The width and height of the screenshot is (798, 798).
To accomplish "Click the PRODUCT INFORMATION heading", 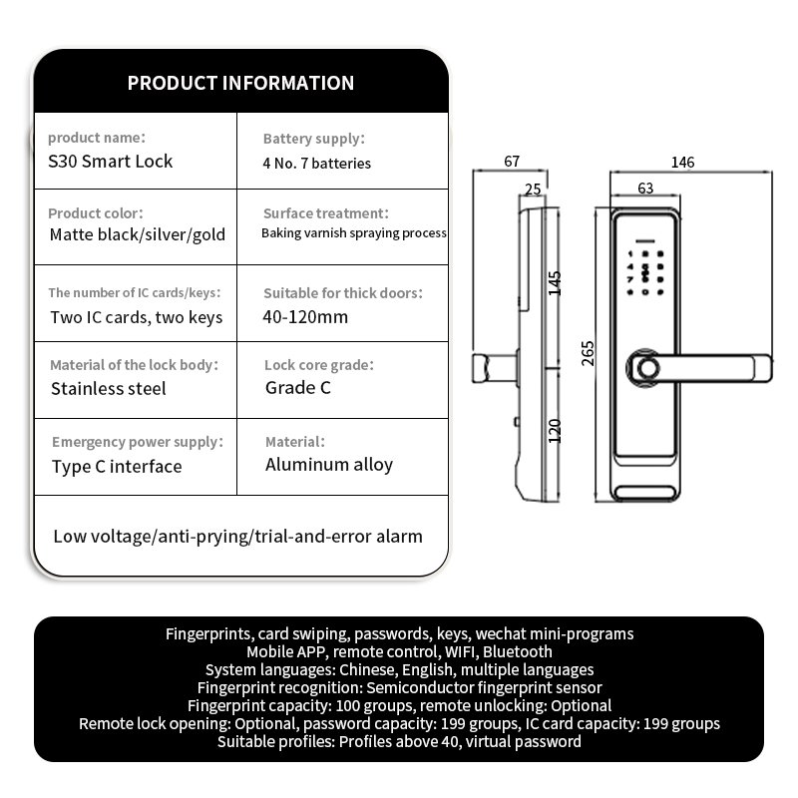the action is pos(240,83).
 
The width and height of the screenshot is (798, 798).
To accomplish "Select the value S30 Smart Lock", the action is pos(111,162).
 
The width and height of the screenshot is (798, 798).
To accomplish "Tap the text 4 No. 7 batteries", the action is pos(316,164).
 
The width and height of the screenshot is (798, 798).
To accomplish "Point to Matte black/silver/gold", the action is pos(138,234).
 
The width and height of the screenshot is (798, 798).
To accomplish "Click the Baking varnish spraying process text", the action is pos(354,233).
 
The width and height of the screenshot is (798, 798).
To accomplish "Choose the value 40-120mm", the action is pos(305,317).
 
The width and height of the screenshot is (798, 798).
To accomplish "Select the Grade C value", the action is pos(297,388).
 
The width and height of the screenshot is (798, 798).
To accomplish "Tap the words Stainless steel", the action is pos(109,389).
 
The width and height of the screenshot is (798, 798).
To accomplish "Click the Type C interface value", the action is pos(117,467).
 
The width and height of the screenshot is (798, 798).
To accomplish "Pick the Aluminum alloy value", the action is pos(329,465).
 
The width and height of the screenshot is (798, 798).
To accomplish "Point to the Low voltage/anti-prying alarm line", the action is pos(237,537).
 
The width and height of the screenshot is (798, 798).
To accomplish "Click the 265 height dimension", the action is pos(588,353).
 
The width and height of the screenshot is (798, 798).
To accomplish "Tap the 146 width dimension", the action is pos(682,163).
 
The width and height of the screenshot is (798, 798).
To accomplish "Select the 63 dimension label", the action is pos(645,189).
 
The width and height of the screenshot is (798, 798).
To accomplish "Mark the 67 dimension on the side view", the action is pos(512,162).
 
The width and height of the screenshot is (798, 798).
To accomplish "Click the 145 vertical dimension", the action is pos(555,283).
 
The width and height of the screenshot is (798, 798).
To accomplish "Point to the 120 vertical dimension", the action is pos(555,431).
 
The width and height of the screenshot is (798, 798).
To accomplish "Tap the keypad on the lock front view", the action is pos(644,272).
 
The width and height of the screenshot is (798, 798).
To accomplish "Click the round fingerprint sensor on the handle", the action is pos(647,368).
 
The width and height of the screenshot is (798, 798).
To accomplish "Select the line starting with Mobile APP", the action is pos(400,652).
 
